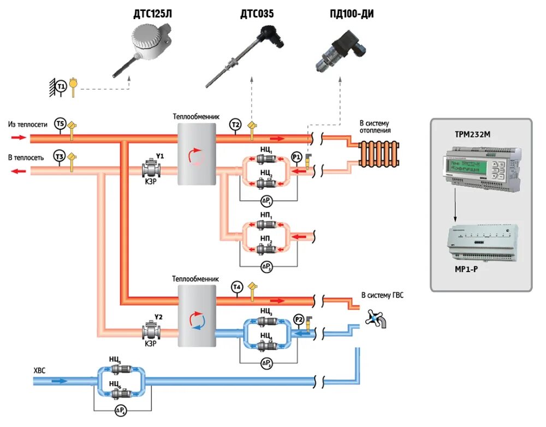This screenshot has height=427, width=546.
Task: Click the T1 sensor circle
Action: point(61,86)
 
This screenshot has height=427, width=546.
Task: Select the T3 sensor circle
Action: point(60,157)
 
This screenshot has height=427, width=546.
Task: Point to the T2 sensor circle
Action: point(235,124)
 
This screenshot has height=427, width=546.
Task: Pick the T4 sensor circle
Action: point(236,288)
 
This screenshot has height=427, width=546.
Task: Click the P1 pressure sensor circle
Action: point(296,157)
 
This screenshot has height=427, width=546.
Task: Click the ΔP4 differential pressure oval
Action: point(121,410)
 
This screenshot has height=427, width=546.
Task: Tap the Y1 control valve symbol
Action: point(150,169)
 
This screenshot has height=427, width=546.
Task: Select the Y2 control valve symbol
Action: point(150,331)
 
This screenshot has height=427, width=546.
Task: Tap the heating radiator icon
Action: point(379,153)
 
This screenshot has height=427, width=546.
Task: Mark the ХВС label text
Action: point(40,370)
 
